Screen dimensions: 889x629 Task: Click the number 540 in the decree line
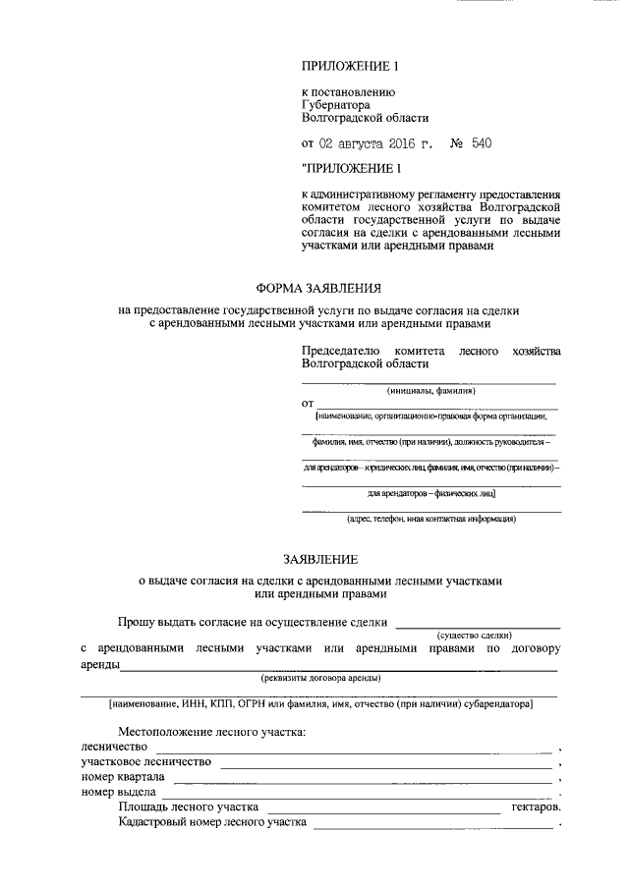coord(481,143)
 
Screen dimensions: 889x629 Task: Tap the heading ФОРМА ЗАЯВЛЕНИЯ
coord(317,289)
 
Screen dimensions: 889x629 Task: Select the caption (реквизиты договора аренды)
coord(320,678)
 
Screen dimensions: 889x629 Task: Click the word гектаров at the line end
coord(536,806)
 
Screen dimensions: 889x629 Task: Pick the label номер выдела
coord(116,792)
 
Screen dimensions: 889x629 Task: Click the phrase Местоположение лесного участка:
coord(212,732)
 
